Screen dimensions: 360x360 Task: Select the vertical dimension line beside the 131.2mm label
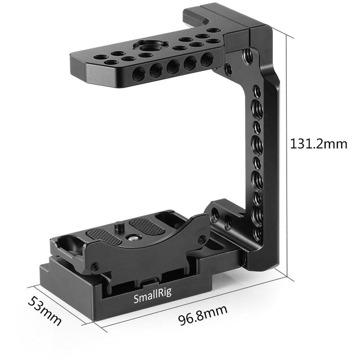(x=288, y=155)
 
